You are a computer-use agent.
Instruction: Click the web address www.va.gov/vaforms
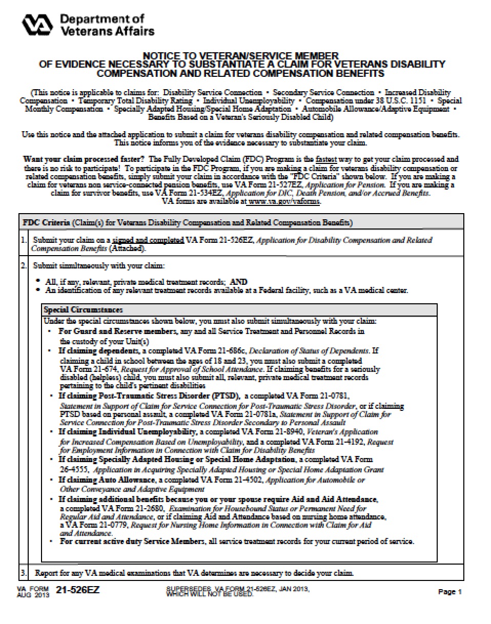(284, 202)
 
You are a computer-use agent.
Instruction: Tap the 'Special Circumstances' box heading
(83, 310)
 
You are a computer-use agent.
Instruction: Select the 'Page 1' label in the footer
(450, 592)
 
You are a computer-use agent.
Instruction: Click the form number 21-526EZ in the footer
(78, 590)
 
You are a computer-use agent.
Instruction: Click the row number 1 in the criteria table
(24, 240)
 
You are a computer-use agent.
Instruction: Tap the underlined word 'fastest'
(326, 159)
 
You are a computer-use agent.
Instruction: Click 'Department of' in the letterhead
(101, 19)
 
